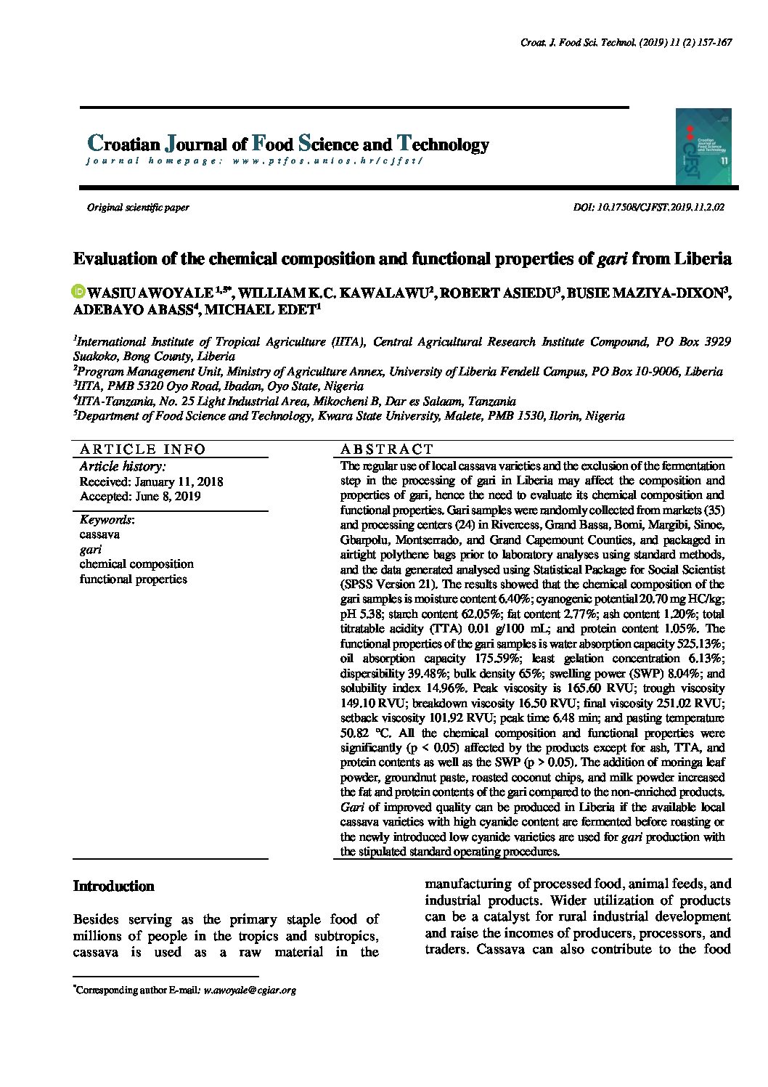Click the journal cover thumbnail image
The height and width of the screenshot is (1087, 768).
[x=703, y=147]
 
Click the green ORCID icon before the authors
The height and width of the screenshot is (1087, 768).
[x=79, y=292]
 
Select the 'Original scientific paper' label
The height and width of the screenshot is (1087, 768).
[x=138, y=208]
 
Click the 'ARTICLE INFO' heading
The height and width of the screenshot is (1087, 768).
[x=143, y=449]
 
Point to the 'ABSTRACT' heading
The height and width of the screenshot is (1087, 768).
[x=387, y=449]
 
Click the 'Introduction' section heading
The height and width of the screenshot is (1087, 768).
[x=114, y=887]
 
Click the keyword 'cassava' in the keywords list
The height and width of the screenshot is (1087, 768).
[x=99, y=534]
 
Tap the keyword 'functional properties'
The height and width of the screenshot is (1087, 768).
[x=134, y=579]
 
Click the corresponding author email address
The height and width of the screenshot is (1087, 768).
[x=250, y=990]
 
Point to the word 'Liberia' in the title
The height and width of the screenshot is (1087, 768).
[x=703, y=259]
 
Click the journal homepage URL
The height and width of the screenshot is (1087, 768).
[x=327, y=160]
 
